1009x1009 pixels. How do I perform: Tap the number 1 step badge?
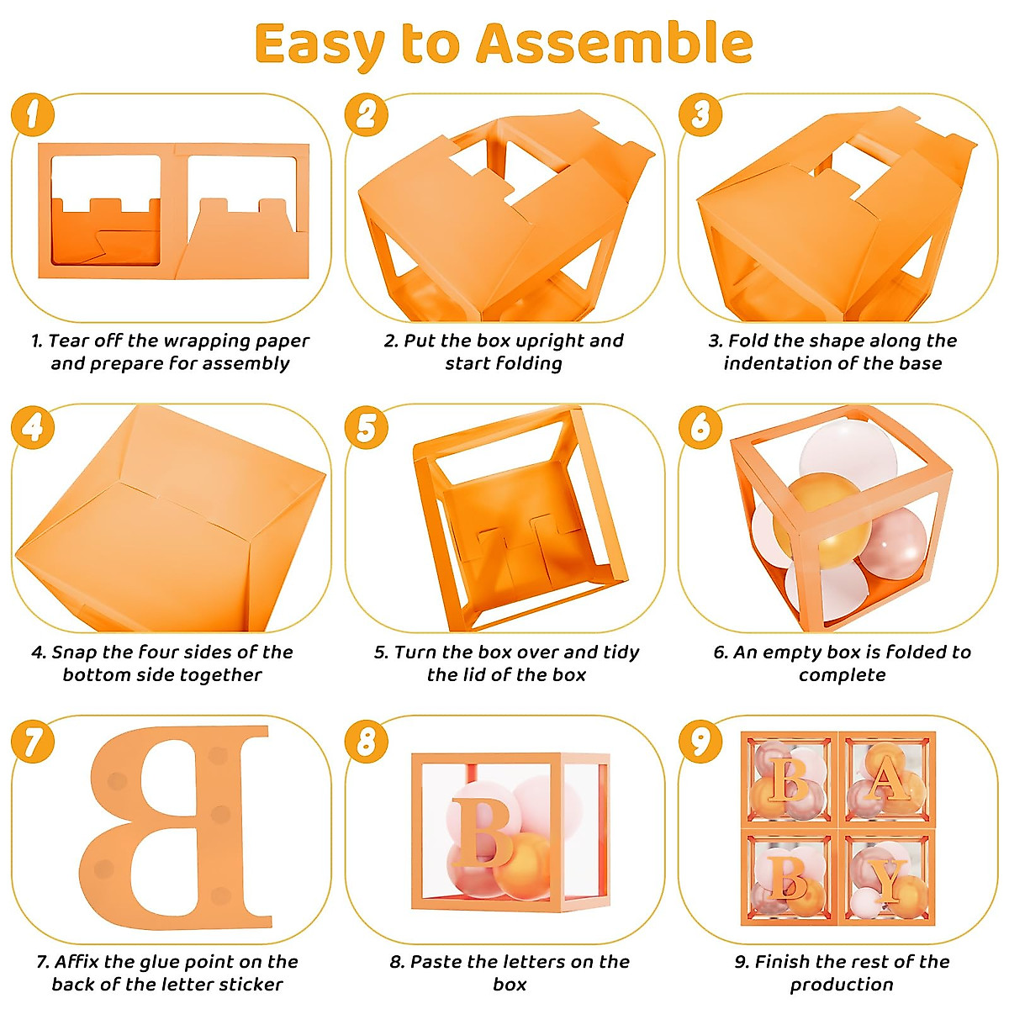coord(33,115)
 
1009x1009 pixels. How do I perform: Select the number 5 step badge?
coord(367,427)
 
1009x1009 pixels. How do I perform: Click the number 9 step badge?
coord(700,742)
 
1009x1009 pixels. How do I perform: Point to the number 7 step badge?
coord(33,742)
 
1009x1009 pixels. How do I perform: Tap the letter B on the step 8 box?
coord(483,832)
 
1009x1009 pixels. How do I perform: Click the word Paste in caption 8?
coord(436,961)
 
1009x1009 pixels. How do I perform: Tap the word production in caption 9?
coord(842,984)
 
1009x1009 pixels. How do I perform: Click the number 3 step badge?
coord(700,115)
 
